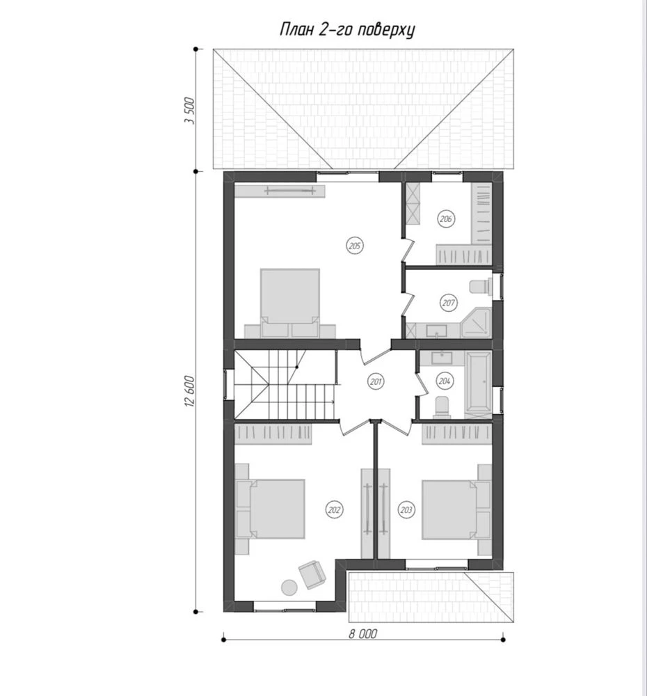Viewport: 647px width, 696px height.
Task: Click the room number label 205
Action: point(355,246)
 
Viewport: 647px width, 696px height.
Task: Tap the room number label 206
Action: point(446,219)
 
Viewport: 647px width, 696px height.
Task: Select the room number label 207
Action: point(449,303)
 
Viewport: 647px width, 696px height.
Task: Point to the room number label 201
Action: point(376,381)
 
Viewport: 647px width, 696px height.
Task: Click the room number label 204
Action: point(444,381)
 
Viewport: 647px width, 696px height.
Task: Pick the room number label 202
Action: point(334,509)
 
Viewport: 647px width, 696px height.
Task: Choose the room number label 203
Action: point(406,509)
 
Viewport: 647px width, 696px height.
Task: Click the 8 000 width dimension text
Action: point(362,634)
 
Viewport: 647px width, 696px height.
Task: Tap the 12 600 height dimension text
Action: point(189,391)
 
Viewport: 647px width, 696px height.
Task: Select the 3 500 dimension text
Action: point(189,111)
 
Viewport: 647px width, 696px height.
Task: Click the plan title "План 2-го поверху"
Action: point(347,30)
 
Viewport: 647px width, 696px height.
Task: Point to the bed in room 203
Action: point(449,509)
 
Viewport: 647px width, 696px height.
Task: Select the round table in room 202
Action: point(289,587)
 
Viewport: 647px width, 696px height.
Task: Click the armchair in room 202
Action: point(312,574)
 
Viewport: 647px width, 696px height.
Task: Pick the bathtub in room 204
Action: point(478,382)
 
